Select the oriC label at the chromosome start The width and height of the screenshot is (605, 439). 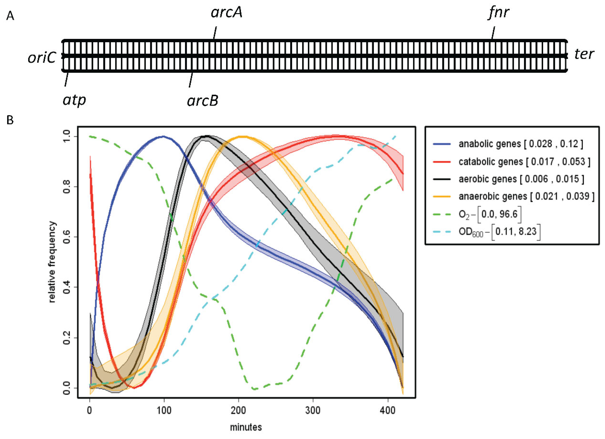(42, 57)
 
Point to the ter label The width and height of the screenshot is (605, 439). (584, 54)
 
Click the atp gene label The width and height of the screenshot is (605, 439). (75, 100)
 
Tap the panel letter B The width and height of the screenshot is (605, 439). (10, 120)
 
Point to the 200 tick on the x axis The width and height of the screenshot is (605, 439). (238, 411)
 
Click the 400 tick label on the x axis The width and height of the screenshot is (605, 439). (387, 411)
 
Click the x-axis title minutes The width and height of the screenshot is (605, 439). (246, 427)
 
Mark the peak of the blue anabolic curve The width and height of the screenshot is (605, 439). (163, 136)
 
